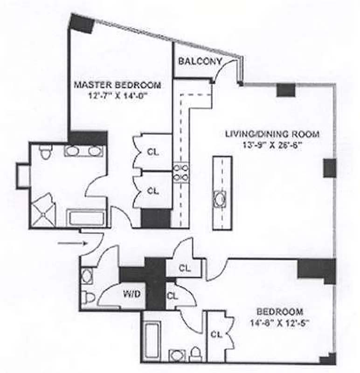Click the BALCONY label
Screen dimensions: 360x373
[x=200, y=62]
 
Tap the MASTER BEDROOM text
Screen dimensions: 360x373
[x=118, y=85]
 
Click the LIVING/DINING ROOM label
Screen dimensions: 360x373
[x=272, y=134]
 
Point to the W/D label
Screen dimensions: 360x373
[x=132, y=295]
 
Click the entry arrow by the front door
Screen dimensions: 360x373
[x=73, y=243]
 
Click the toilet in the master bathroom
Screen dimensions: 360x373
[x=45, y=152]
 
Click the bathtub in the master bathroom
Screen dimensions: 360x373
[x=85, y=217]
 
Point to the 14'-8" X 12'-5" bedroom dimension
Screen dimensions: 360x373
[x=280, y=323]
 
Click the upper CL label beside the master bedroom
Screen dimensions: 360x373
[x=153, y=152]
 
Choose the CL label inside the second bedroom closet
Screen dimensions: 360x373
[x=216, y=334]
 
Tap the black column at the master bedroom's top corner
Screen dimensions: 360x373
[x=83, y=23]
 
